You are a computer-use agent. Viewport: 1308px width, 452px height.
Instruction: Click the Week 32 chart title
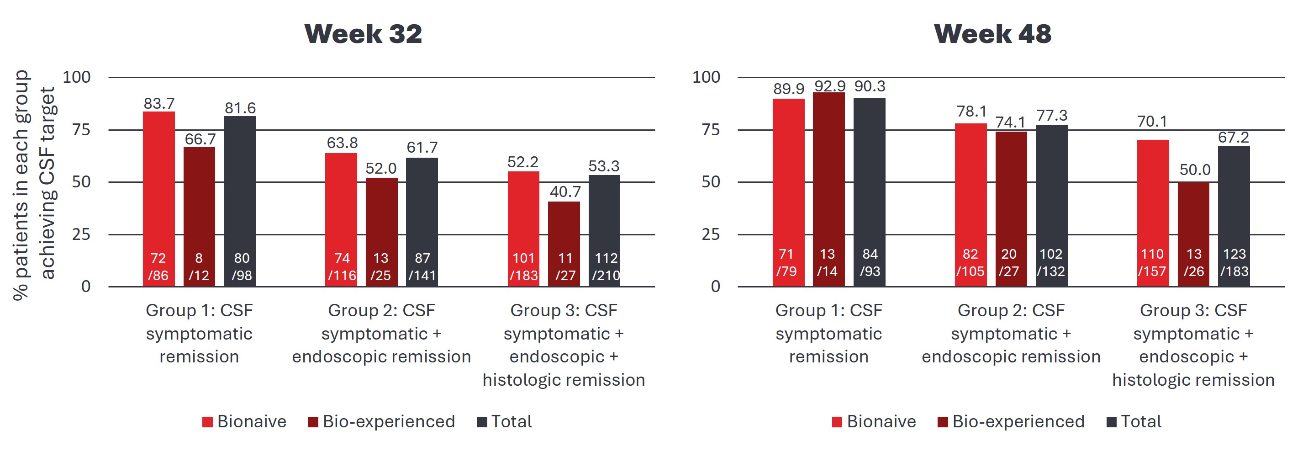pyautogui.click(x=363, y=34)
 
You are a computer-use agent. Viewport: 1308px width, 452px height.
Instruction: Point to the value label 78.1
pyautogui.click(x=971, y=111)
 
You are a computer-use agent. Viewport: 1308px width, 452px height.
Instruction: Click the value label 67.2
pyautogui.click(x=1234, y=137)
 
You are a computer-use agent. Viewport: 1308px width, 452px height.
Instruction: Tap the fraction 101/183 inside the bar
pyautogui.click(x=523, y=266)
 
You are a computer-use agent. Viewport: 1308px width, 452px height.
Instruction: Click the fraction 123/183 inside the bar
pyautogui.click(x=1234, y=263)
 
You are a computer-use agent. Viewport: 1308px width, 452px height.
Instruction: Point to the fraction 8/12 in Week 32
pyautogui.click(x=199, y=266)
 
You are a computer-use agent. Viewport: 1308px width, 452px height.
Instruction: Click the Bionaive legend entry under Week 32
pyautogui.click(x=244, y=421)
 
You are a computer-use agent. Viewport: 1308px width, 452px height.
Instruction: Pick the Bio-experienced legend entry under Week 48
pyautogui.click(x=1010, y=421)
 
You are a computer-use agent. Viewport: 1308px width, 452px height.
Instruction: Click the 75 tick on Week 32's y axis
pyautogui.click(x=81, y=130)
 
